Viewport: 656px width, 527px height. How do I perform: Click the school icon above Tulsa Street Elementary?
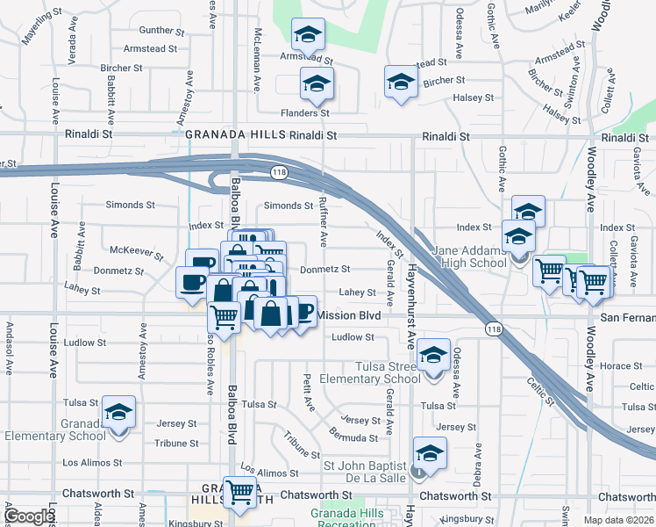pos(433,355)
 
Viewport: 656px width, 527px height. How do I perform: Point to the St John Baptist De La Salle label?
pos(366,471)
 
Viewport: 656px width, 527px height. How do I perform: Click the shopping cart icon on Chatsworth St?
pos(239,493)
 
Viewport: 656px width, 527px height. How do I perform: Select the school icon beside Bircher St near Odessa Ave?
pos(401,82)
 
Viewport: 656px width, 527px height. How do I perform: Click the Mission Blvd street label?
pos(348,314)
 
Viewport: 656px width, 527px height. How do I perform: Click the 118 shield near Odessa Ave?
pos(493,327)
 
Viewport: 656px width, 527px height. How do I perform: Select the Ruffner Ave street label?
pos(324,225)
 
